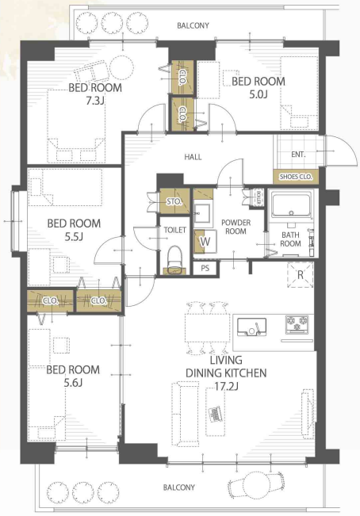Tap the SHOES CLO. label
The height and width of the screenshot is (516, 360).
click(x=296, y=177)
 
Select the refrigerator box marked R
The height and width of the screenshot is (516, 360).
click(x=300, y=274)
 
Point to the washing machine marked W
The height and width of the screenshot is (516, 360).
click(x=205, y=241)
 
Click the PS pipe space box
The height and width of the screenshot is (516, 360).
click(x=205, y=268)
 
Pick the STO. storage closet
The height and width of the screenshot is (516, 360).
click(x=174, y=201)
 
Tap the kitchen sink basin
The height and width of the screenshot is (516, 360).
click(x=251, y=327)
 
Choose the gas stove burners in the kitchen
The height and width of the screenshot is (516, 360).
click(x=297, y=324)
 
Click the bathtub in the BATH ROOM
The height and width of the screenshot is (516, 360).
click(x=291, y=205)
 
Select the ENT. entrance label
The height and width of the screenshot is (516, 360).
click(x=298, y=154)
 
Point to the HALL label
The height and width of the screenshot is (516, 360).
click(x=193, y=157)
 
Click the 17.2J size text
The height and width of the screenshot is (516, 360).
click(x=226, y=386)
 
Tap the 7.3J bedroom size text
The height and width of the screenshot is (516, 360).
click(x=95, y=101)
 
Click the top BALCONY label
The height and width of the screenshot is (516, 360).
click(x=193, y=25)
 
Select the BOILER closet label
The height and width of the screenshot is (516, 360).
click(x=259, y=197)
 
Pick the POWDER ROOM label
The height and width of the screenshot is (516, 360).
click(x=236, y=227)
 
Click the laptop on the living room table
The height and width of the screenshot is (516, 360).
click(x=215, y=414)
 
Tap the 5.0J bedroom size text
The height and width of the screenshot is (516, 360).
click(x=259, y=94)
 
